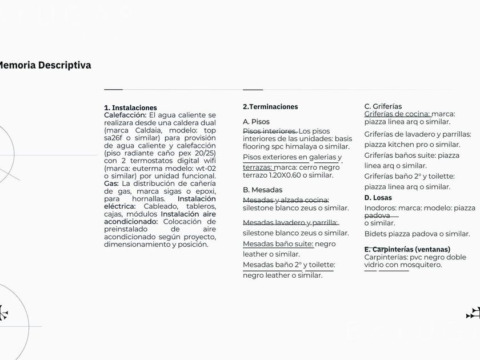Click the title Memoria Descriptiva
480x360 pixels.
click(45, 65)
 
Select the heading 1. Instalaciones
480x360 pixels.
click(130, 107)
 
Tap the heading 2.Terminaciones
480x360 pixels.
click(270, 107)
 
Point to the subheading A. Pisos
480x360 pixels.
click(256, 122)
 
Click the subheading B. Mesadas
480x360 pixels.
click(262, 190)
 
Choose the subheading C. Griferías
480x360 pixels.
click(383, 106)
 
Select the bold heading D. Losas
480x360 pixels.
click(378, 198)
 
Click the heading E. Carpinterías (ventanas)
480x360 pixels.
click(407, 249)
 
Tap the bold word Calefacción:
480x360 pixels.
click(126, 115)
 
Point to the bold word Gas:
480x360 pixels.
click(111, 183)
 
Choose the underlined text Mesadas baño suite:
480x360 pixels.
click(278, 243)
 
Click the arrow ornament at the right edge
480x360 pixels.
click(473, 313)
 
